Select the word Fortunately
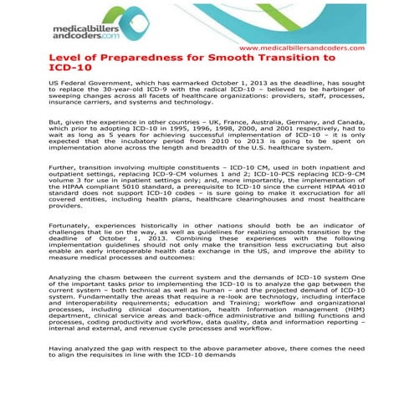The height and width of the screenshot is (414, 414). [x=73, y=226]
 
